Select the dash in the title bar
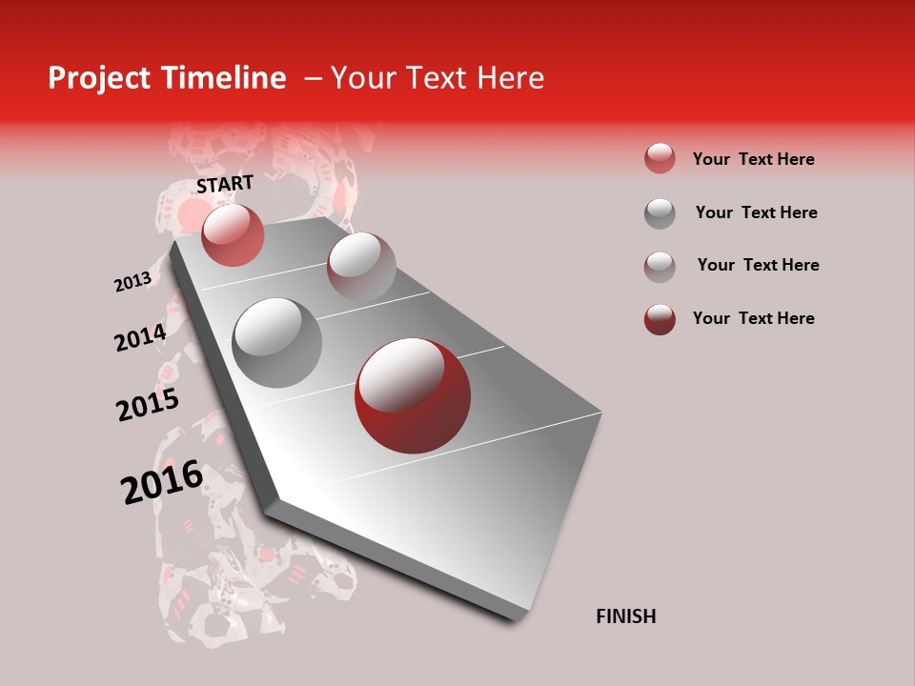click(x=312, y=78)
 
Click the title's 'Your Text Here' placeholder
click(x=437, y=78)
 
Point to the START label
click(x=225, y=184)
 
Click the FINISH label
click(x=625, y=616)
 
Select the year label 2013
click(x=132, y=282)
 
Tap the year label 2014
click(x=140, y=337)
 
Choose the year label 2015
click(x=148, y=405)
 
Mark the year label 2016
click(x=162, y=481)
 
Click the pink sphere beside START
click(x=233, y=235)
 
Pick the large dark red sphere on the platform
click(x=413, y=395)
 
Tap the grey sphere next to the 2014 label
click(x=277, y=343)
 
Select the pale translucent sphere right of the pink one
click(x=360, y=265)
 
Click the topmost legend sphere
click(x=660, y=159)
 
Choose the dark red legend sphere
click(x=660, y=319)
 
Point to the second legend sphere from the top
click(x=660, y=213)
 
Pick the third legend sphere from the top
click(x=660, y=267)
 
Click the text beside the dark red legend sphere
click(x=753, y=318)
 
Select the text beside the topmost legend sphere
click(x=753, y=159)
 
